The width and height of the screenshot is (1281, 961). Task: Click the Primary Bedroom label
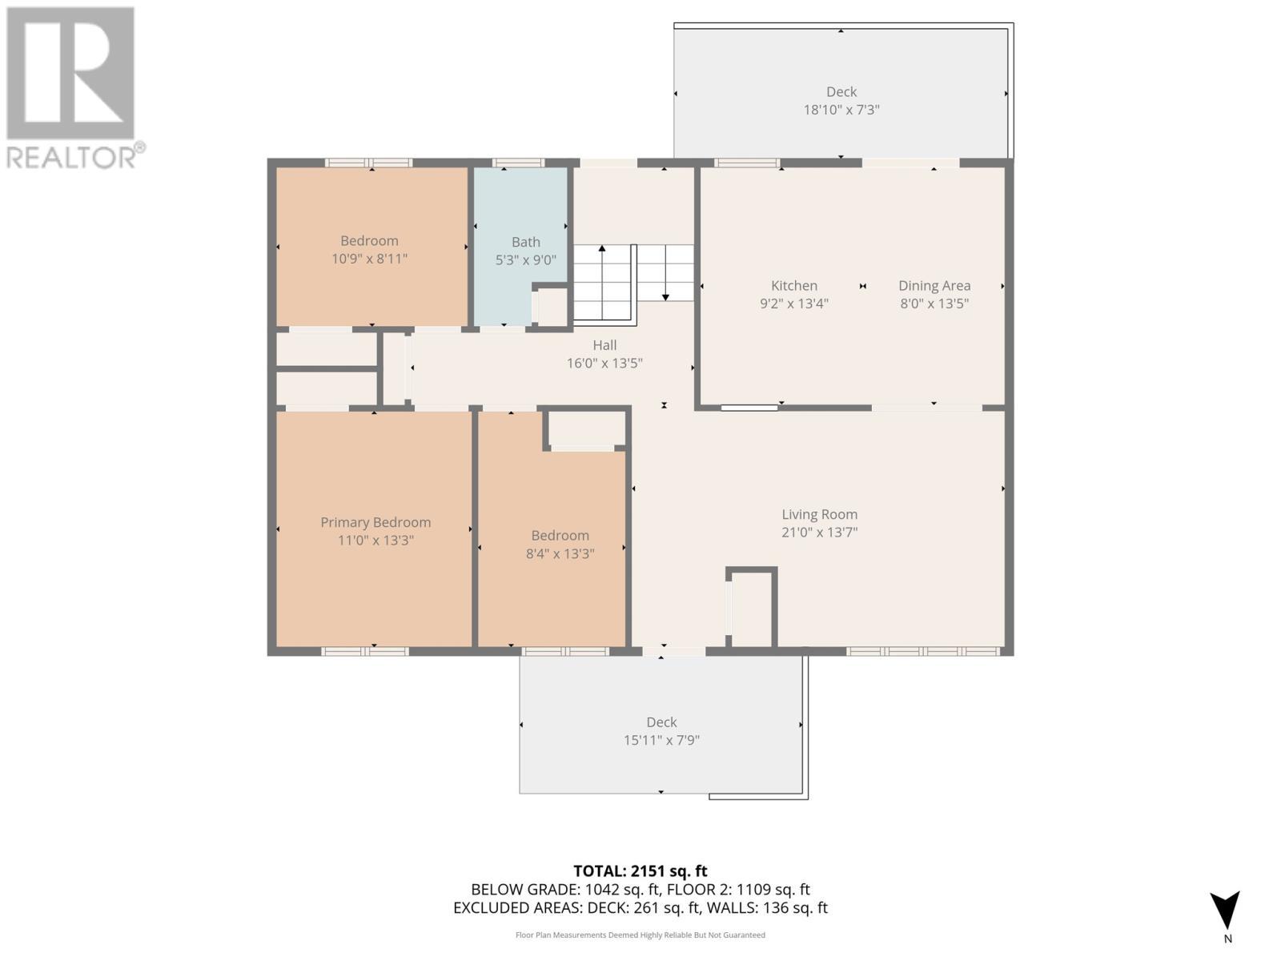click(375, 522)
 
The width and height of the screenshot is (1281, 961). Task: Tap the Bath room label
click(526, 242)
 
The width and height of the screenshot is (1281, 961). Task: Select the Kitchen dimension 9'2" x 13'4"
click(793, 304)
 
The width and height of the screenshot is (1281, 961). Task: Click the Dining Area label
click(934, 285)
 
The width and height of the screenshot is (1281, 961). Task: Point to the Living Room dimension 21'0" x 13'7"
click(819, 532)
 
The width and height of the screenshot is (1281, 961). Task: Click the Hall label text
click(604, 345)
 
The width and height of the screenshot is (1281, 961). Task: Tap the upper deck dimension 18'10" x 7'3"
click(841, 110)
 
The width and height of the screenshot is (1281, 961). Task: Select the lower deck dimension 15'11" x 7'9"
click(661, 740)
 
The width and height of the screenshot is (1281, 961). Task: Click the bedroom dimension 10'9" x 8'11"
click(369, 259)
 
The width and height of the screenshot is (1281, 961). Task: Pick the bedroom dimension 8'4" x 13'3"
click(560, 553)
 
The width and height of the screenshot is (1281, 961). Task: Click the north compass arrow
click(1225, 911)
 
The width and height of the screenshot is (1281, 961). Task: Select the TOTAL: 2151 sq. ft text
click(640, 871)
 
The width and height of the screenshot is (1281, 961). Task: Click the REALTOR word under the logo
click(72, 157)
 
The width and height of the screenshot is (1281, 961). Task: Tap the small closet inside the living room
click(753, 609)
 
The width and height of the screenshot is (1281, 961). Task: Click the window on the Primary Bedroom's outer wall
click(365, 651)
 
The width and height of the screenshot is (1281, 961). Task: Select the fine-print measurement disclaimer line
click(640, 935)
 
